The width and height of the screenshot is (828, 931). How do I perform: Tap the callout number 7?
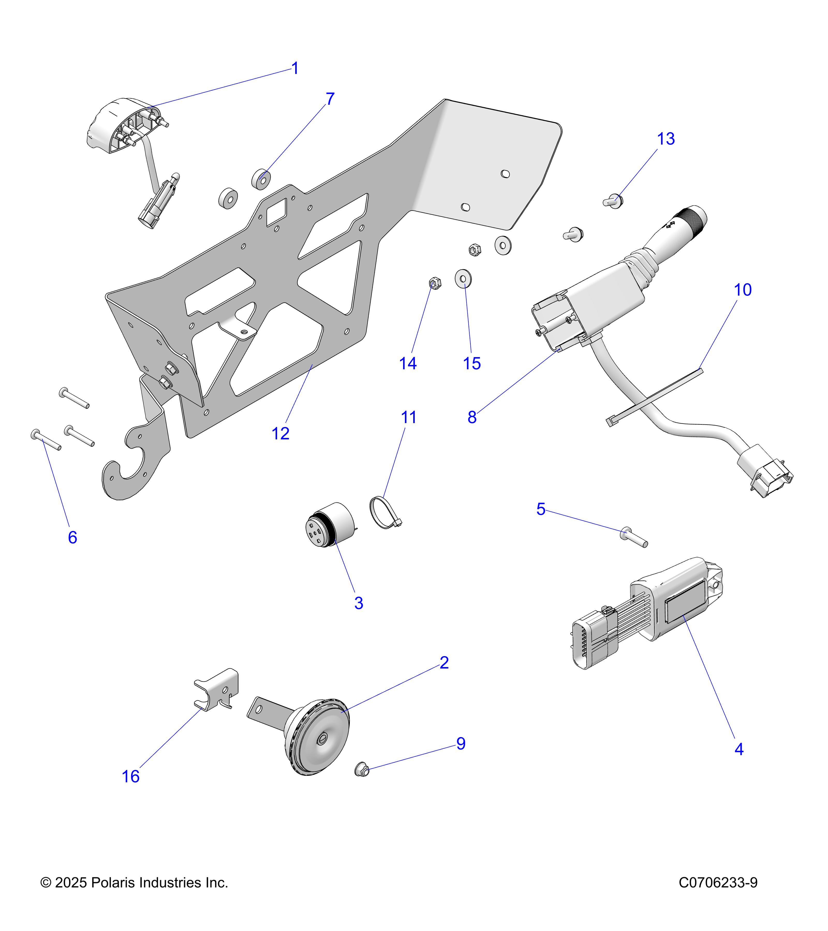tap(330, 99)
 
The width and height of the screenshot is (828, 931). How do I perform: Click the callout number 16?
tap(130, 777)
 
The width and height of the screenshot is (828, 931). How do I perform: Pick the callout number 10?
tap(742, 290)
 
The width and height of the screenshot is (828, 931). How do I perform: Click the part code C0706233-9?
tap(718, 883)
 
